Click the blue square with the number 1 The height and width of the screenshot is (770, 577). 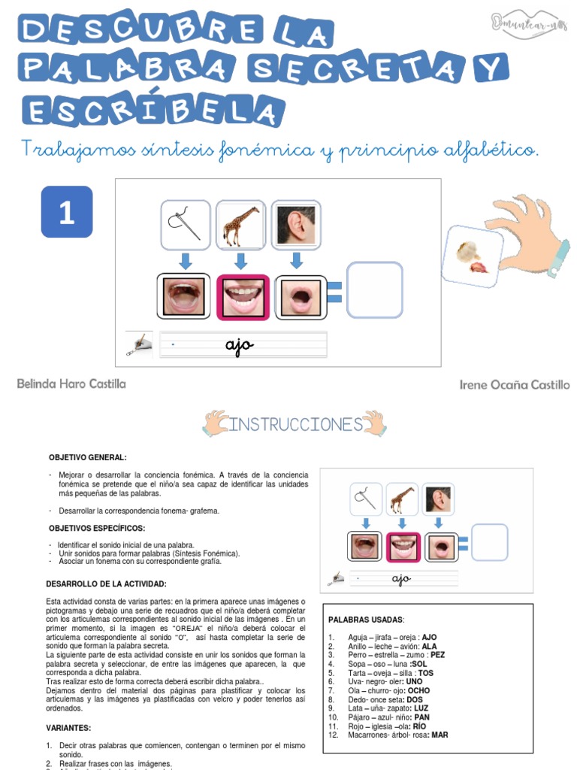click(x=67, y=212)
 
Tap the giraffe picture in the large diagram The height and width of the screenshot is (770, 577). click(x=240, y=225)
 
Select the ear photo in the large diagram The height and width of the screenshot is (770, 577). click(x=295, y=225)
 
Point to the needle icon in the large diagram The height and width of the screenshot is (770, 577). click(x=185, y=225)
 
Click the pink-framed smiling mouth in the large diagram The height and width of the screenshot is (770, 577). click(x=243, y=295)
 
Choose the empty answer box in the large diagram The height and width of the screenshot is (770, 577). click(x=373, y=290)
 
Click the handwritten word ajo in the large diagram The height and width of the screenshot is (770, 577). click(x=240, y=345)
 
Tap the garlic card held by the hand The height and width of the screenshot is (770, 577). click(x=471, y=256)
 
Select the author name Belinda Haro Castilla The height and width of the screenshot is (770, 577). click(x=71, y=383)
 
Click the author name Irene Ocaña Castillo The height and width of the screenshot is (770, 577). click(x=514, y=384)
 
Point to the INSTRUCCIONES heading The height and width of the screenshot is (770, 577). click(x=295, y=425)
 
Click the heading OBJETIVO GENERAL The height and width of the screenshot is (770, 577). click(x=88, y=457)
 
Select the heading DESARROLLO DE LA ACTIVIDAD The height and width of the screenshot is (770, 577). click(x=106, y=584)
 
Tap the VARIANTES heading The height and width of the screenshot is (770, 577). click(x=68, y=728)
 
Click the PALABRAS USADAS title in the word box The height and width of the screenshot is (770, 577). click(x=366, y=620)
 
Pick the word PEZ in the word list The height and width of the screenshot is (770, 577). click(x=437, y=655)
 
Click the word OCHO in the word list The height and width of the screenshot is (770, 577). click(x=418, y=690)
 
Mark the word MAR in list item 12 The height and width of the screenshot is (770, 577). click(x=439, y=735)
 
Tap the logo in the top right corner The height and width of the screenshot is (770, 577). click(x=529, y=23)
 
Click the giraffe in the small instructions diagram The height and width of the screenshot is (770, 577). click(x=401, y=499)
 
